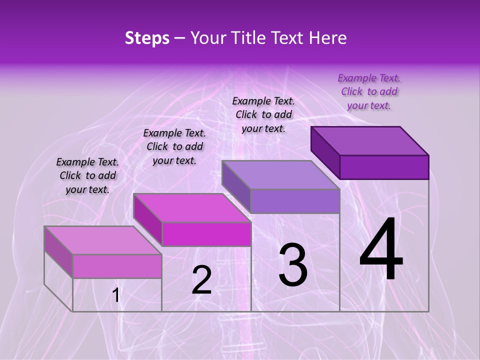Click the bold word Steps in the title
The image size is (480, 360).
point(147,38)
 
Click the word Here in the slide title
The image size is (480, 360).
point(327,38)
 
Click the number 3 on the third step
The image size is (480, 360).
point(293,265)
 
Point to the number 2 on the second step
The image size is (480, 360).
point(201,280)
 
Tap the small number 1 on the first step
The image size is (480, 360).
point(116,296)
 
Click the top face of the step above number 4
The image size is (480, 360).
point(370,140)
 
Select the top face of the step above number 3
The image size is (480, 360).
point(281,175)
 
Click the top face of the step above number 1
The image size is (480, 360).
point(103,240)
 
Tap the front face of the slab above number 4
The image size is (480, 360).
point(384,167)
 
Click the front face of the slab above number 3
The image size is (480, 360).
point(295,201)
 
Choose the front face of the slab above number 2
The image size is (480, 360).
point(206,234)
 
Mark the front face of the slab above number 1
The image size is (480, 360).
point(117,266)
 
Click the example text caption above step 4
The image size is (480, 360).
point(369,91)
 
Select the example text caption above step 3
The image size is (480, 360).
point(263,114)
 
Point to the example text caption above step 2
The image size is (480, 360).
point(174,146)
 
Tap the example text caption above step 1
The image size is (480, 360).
point(87,175)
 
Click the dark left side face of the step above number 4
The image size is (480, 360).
point(325,152)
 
